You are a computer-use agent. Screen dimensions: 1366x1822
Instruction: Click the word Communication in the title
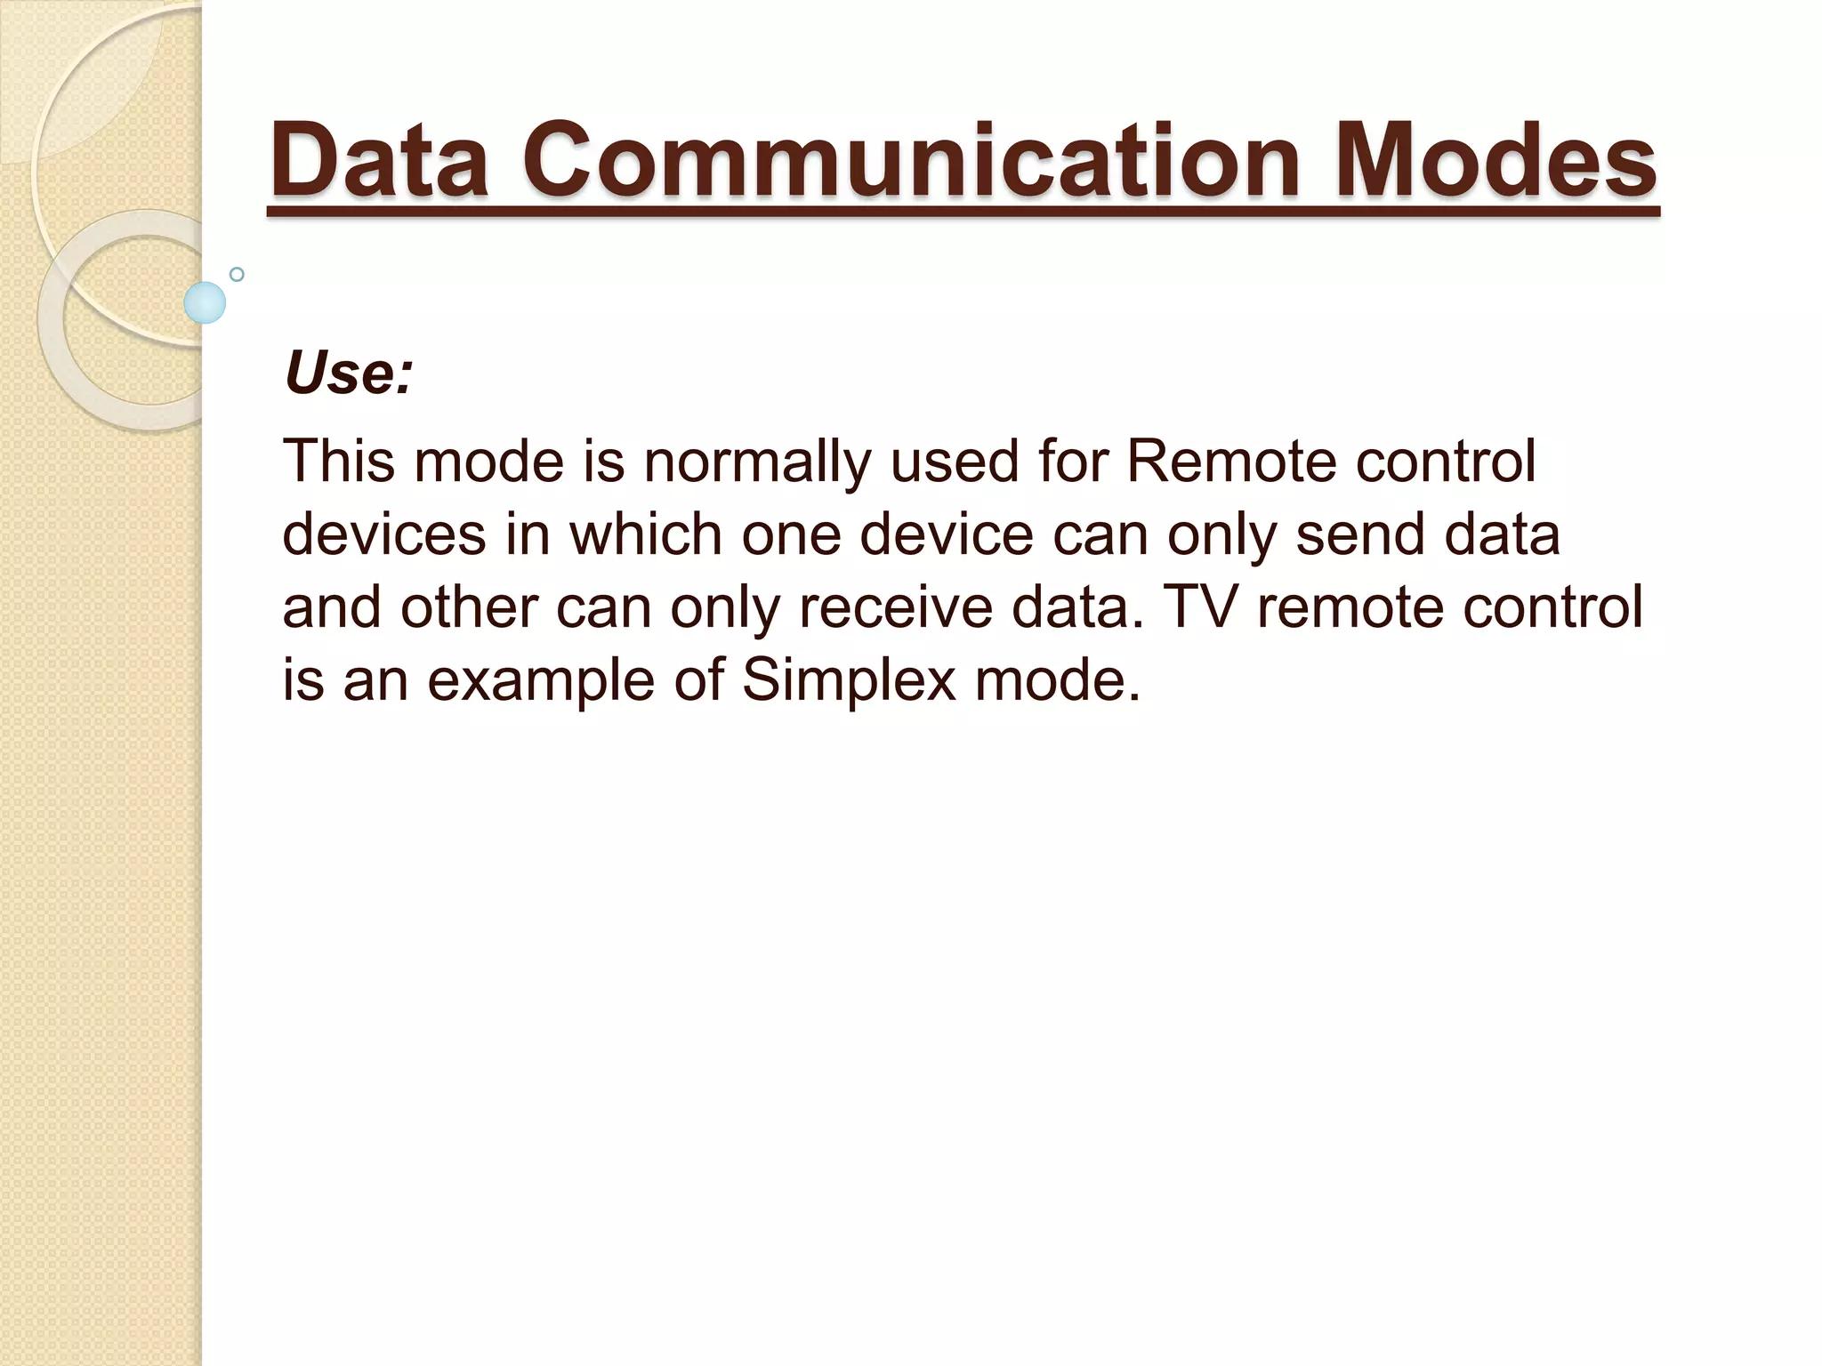[915, 161]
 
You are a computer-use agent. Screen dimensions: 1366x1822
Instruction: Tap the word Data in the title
[379, 161]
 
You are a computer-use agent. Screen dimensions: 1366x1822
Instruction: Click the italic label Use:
[349, 373]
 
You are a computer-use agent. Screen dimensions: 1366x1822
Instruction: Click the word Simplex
[848, 681]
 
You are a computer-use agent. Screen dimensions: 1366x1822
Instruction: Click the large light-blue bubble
[205, 302]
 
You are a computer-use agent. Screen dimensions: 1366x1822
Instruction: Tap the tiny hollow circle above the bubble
[237, 274]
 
